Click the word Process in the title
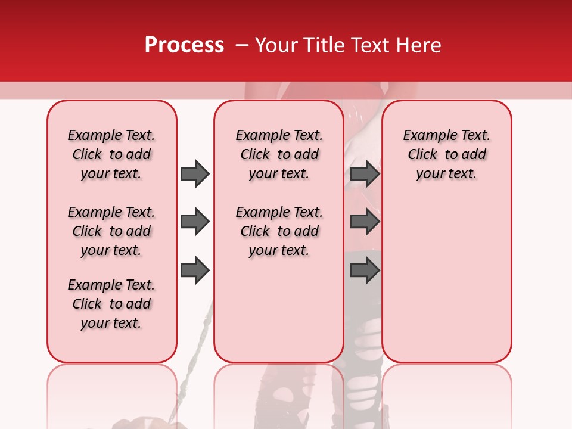point(184,45)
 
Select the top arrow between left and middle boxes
point(195,173)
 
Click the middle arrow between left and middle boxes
point(195,222)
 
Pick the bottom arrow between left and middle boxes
point(195,271)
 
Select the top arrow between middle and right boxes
point(365,173)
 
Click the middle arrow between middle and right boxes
point(365,222)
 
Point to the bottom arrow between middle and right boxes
point(365,271)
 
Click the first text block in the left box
point(111,154)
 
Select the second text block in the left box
point(111,231)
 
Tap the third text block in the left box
point(111,304)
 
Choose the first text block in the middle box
point(279,154)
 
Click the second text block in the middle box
point(279,231)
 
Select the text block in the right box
point(446,154)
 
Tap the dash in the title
point(242,45)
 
